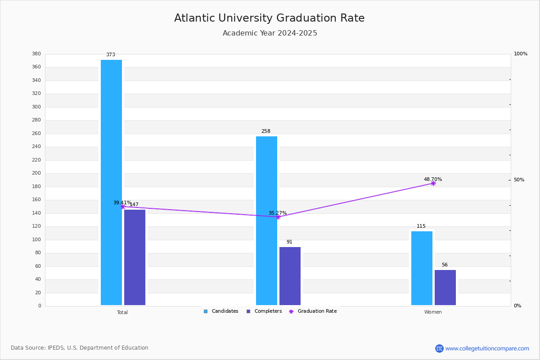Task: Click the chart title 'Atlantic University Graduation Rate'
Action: [269, 18]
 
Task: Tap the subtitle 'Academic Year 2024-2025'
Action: [270, 33]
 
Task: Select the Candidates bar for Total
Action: [112, 183]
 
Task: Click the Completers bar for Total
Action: [135, 257]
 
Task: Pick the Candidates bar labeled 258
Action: [266, 221]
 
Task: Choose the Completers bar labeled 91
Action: [290, 276]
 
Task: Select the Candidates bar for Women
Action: [422, 268]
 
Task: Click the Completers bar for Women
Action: [445, 288]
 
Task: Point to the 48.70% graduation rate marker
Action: [433, 184]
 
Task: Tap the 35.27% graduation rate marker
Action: [278, 217]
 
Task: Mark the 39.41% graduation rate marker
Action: [123, 207]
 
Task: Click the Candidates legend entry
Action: [221, 311]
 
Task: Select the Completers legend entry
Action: [264, 311]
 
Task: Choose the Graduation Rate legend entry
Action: [313, 311]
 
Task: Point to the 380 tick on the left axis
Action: [36, 54]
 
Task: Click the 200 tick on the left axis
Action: [36, 173]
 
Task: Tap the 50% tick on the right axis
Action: [519, 180]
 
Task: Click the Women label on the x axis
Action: [433, 312]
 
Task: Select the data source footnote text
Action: [80, 348]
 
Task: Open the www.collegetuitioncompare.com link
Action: [487, 348]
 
